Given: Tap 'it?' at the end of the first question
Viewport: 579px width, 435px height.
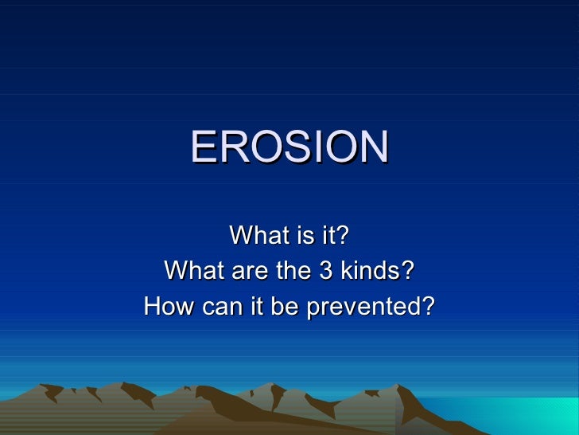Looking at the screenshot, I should pos(333,236).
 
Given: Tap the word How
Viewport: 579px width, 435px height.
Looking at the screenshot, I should pos(165,307).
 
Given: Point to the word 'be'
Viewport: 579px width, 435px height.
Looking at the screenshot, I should pos(274,307).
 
